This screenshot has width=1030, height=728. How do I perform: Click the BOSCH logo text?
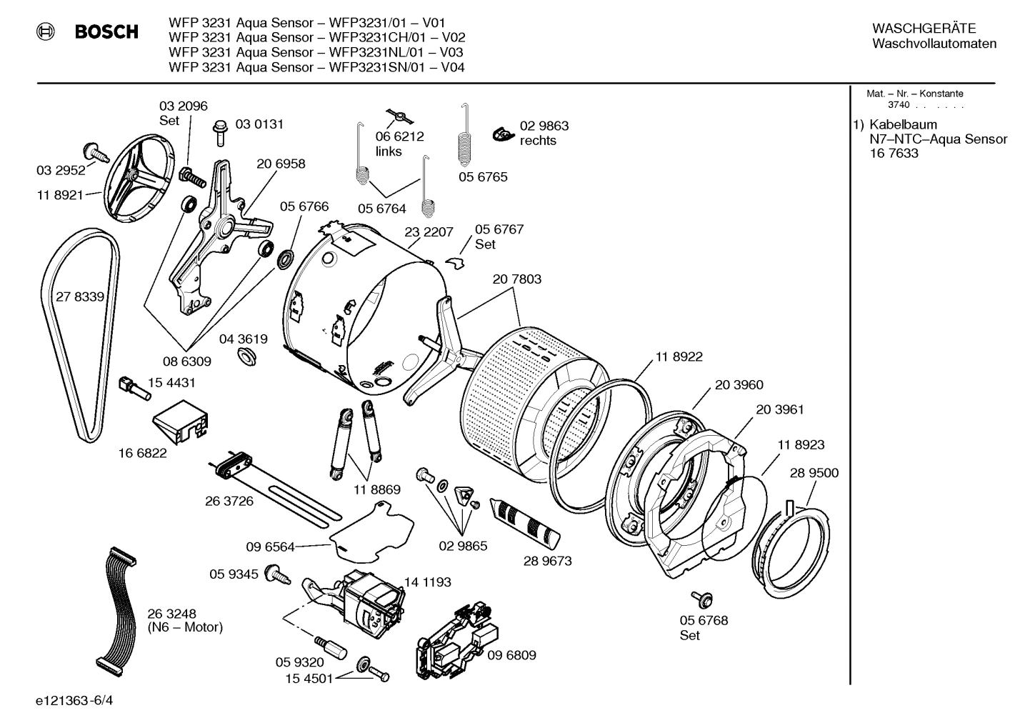[x=106, y=32]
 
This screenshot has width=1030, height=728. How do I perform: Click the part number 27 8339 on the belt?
[x=80, y=296]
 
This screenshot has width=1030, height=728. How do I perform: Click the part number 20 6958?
[x=281, y=164]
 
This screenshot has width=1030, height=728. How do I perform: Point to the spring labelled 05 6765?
[x=465, y=139]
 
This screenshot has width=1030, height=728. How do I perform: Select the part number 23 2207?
[x=429, y=231]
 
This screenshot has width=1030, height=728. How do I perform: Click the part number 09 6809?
[x=511, y=655]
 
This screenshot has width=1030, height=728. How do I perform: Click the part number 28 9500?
[x=814, y=473]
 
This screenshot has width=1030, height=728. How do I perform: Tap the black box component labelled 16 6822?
[x=182, y=422]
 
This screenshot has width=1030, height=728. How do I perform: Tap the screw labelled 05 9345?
[x=276, y=573]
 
